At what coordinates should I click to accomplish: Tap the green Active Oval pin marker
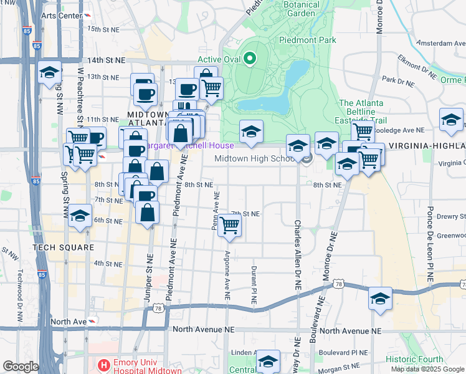(250, 60)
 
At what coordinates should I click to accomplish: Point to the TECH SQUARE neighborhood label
(62, 247)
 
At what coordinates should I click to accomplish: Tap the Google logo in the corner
(21, 367)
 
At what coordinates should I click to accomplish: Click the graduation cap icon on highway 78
(379, 299)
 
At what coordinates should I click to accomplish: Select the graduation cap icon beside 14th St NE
(49, 73)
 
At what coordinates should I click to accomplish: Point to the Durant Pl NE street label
(254, 285)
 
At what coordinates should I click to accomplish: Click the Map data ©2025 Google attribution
(427, 369)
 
